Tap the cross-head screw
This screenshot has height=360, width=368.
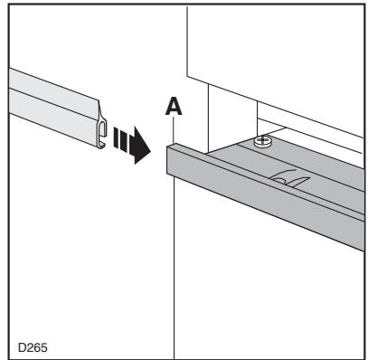(x=262, y=140)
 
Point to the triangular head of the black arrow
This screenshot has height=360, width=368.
(x=142, y=146)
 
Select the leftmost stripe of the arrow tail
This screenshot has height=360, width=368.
(x=116, y=137)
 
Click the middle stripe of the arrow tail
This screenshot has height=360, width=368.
(x=121, y=139)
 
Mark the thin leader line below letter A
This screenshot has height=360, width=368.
(x=174, y=129)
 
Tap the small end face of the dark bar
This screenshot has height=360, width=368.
(x=170, y=160)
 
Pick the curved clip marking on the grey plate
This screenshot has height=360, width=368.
(x=290, y=178)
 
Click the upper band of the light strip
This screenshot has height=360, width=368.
(x=54, y=92)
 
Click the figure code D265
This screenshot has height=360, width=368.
(x=33, y=347)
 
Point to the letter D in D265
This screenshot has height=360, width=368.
(x=22, y=347)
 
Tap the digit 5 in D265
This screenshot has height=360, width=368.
(x=44, y=347)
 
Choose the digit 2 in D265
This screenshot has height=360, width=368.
(x=30, y=347)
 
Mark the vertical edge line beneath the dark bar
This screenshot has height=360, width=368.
(x=175, y=268)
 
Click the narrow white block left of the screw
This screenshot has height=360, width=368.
(x=232, y=118)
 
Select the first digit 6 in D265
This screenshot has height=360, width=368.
(x=37, y=347)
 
